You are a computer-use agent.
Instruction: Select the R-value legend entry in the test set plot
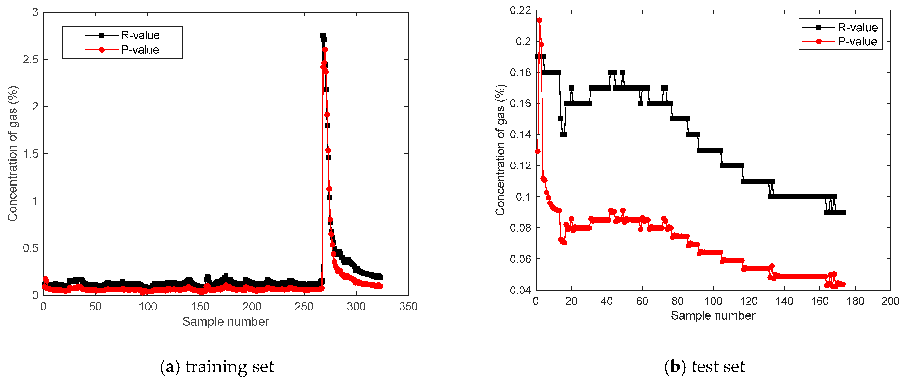(x=857, y=27)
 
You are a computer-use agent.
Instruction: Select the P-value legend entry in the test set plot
(x=857, y=41)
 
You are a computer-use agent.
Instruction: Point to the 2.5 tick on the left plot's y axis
(x=31, y=59)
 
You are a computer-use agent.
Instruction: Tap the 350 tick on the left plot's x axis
(x=408, y=306)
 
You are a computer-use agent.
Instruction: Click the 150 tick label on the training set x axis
(x=200, y=306)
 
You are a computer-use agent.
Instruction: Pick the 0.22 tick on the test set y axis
(x=520, y=10)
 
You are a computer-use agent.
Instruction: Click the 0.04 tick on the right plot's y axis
(x=520, y=290)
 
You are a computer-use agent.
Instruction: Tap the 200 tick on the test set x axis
(x=890, y=301)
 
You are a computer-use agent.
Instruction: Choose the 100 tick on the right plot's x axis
(x=713, y=301)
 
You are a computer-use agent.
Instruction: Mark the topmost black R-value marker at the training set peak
(x=323, y=36)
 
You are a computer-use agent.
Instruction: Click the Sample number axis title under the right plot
(x=713, y=315)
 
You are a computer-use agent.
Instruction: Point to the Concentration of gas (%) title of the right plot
(x=500, y=150)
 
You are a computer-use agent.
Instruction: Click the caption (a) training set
(x=217, y=367)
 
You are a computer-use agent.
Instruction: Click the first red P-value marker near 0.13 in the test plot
(x=538, y=151)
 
